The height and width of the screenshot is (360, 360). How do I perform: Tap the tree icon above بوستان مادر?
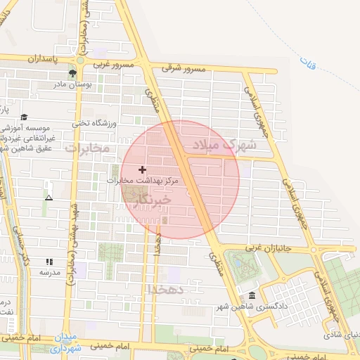coord(72,72)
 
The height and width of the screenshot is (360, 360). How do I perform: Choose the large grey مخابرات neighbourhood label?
coord(87,148)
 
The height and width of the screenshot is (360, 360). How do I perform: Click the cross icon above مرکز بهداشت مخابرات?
coord(143,169)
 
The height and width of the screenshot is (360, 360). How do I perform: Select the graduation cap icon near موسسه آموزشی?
coord(25,117)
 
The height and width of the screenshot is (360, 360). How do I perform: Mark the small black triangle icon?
coord(49,198)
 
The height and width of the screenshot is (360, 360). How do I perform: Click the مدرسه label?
coord(49,271)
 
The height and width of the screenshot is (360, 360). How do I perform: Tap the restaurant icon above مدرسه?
coord(49,261)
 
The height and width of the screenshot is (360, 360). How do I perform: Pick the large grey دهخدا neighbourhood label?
coord(166,288)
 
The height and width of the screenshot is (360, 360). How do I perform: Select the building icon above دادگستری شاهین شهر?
coord(252,295)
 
